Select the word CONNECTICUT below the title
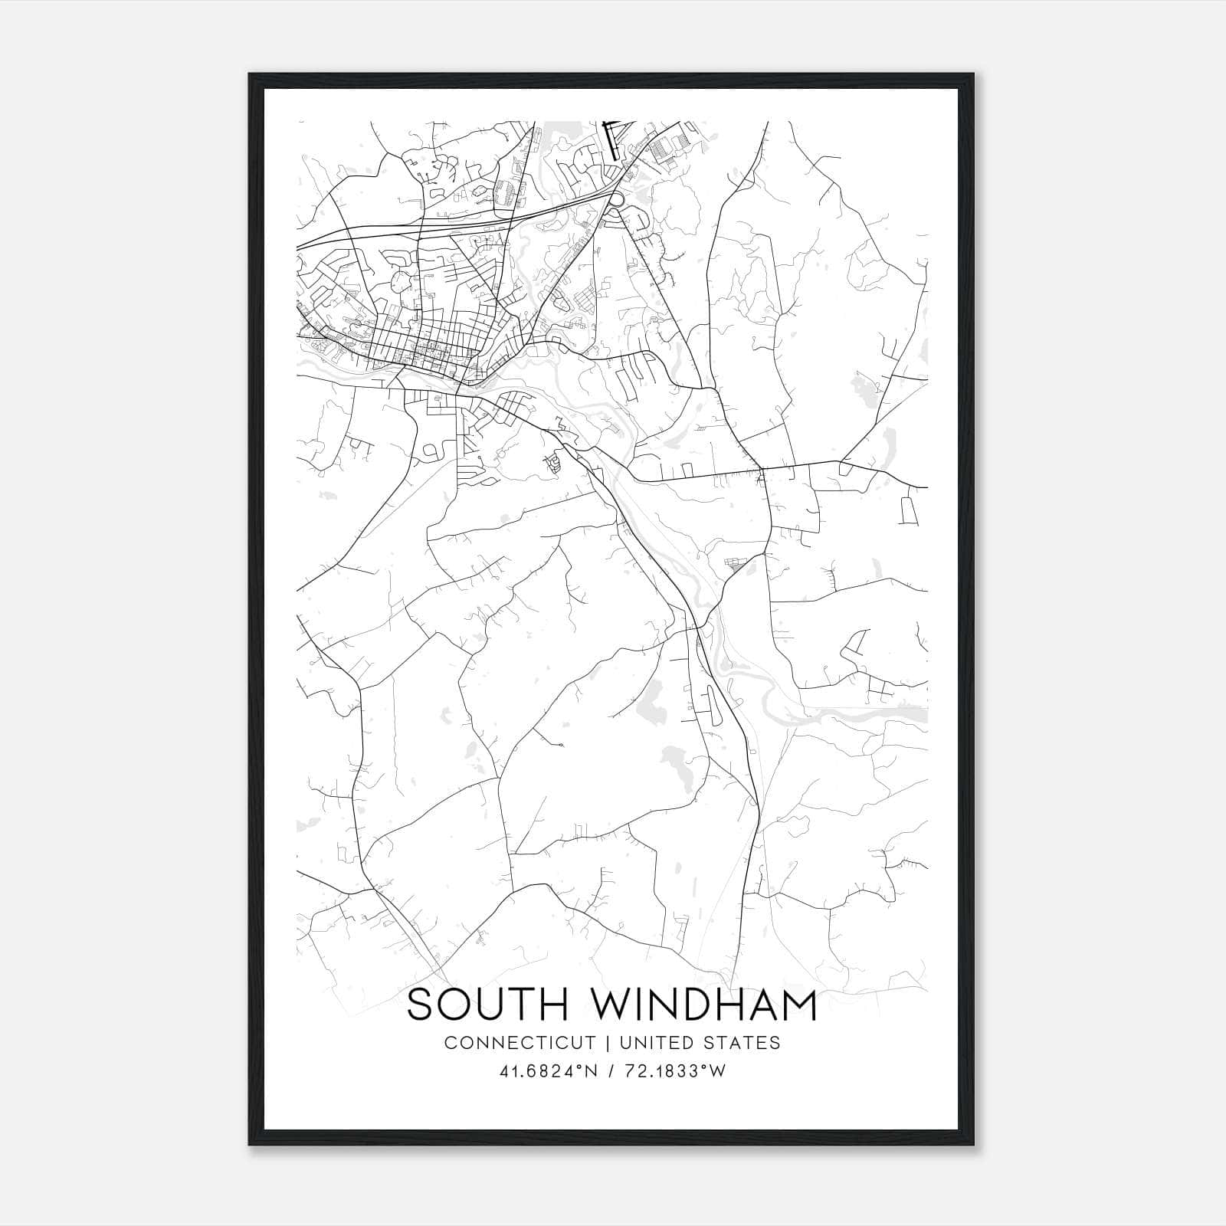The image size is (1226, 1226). tap(520, 1043)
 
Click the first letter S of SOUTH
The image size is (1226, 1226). tap(421, 1005)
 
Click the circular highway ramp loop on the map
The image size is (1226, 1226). tap(616, 200)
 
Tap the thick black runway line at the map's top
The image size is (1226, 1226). tap(611, 142)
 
